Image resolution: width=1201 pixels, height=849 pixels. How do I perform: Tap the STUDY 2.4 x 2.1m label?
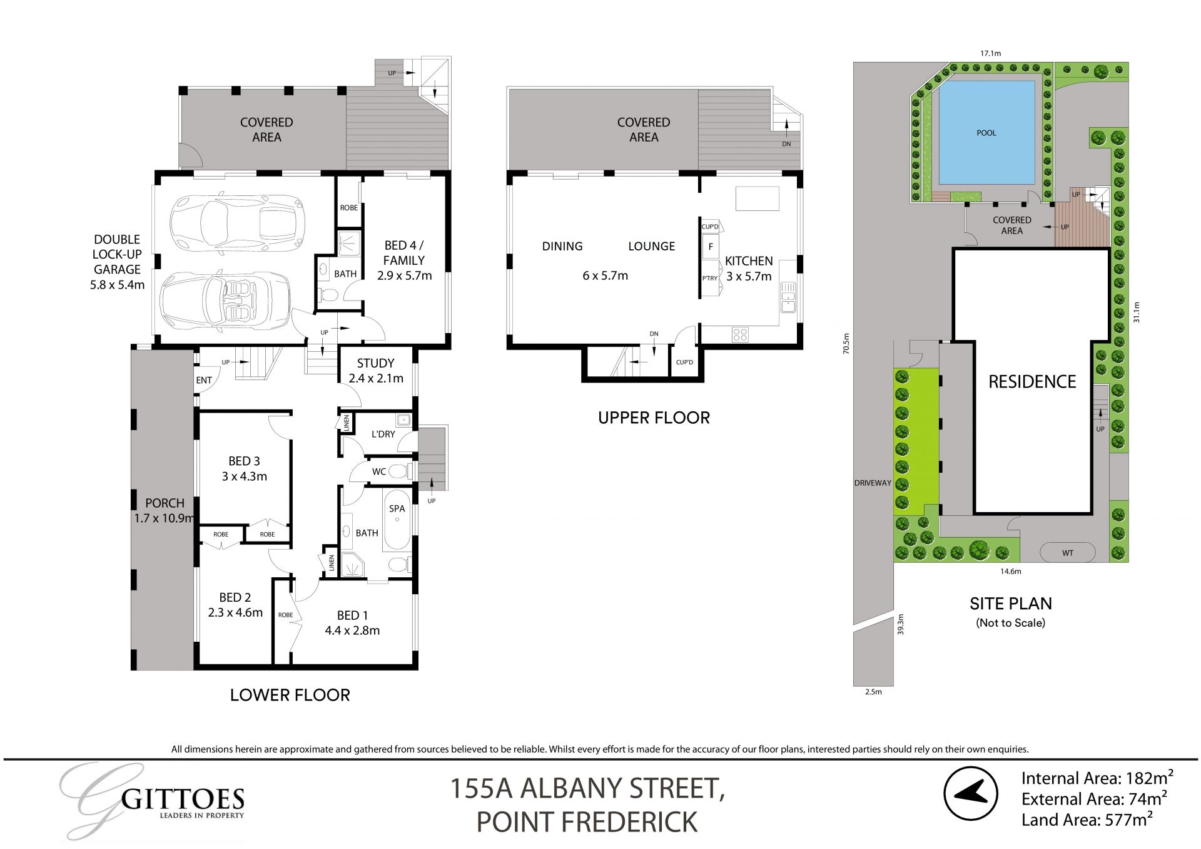click(x=375, y=371)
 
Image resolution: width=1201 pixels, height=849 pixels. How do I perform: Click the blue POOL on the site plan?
click(x=986, y=133)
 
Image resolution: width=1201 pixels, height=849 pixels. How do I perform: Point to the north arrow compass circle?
click(x=970, y=795)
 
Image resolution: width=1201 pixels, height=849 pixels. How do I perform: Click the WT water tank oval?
click(x=1068, y=553)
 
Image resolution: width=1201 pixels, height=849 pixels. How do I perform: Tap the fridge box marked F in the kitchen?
click(x=711, y=247)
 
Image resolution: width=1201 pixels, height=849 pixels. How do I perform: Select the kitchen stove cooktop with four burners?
click(x=740, y=334)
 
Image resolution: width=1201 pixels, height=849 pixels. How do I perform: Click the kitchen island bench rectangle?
click(x=757, y=198)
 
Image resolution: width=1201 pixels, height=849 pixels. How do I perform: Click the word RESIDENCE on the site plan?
click(x=1032, y=382)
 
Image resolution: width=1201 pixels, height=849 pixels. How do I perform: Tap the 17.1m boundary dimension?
click(x=990, y=54)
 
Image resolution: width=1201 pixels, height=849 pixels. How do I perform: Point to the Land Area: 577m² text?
click(x=1087, y=820)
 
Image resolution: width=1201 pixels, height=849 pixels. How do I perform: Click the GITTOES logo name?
click(x=182, y=799)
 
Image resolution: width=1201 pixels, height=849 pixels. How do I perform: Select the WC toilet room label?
click(x=379, y=472)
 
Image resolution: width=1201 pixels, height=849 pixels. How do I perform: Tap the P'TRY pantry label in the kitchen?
click(x=709, y=278)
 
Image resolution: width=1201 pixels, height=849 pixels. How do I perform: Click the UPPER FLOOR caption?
click(x=654, y=418)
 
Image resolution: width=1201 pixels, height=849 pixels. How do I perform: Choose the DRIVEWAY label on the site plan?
click(x=873, y=483)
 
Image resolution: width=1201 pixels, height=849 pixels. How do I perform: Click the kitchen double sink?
click(x=788, y=299)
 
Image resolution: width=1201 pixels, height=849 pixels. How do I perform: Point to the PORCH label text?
click(x=165, y=503)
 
